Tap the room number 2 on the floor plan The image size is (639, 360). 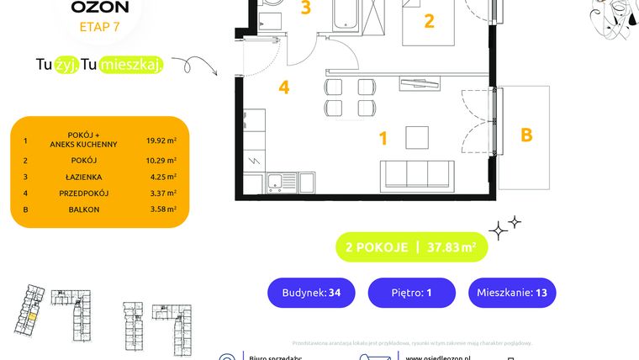pyautogui.click(x=429, y=22)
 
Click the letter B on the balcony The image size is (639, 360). pyautogui.click(x=526, y=135)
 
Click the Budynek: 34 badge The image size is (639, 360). pyautogui.click(x=311, y=293)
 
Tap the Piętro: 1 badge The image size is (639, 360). pyautogui.click(x=412, y=293)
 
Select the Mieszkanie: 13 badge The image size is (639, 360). pyautogui.click(x=512, y=293)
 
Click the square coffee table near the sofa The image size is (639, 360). pyautogui.click(x=418, y=137)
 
